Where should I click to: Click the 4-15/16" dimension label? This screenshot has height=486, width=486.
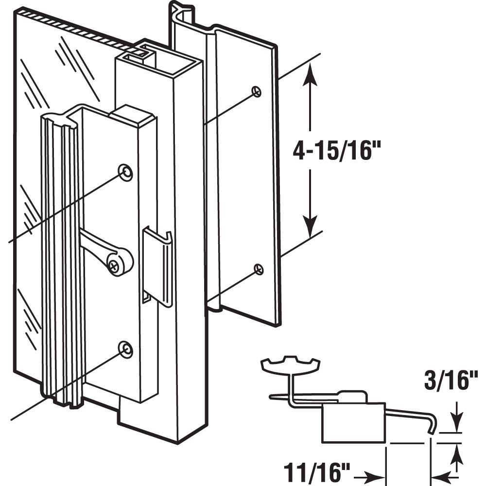(335, 151)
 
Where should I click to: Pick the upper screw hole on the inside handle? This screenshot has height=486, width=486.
(125, 172)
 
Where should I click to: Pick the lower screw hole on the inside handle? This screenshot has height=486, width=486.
(125, 348)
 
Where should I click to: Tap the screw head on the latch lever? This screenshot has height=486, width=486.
(115, 265)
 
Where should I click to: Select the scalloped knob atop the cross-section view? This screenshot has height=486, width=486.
(291, 364)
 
